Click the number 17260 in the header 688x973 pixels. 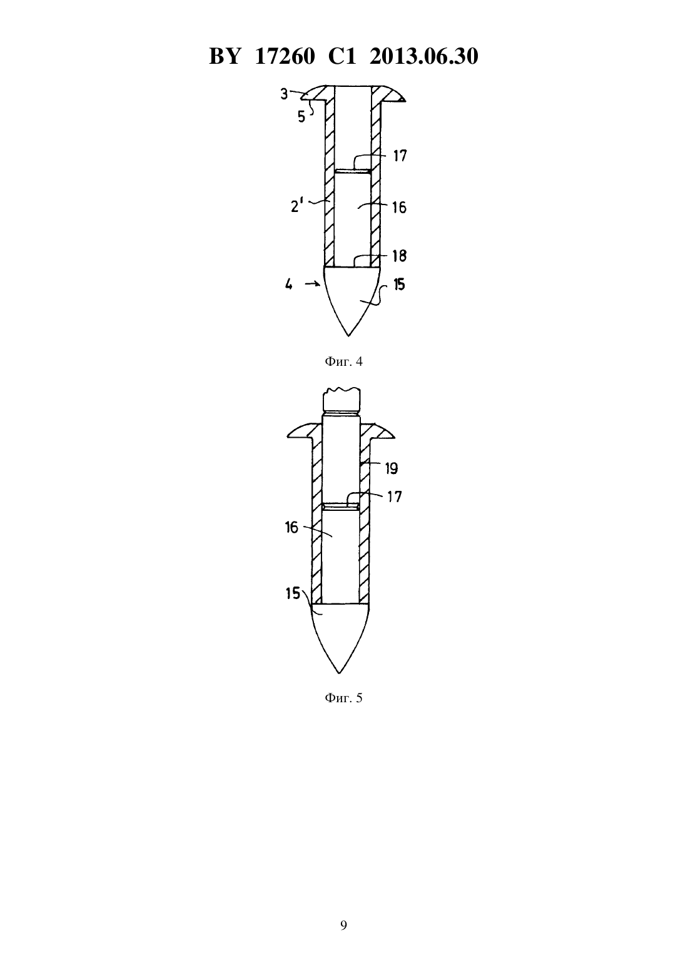click(285, 56)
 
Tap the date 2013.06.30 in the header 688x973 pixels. click(424, 56)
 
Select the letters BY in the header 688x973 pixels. click(224, 56)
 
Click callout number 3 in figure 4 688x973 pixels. click(283, 94)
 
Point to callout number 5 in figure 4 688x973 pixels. click(301, 117)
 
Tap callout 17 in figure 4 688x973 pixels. click(400, 156)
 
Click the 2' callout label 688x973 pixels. click(296, 206)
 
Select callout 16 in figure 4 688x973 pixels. click(400, 208)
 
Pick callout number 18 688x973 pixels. click(400, 256)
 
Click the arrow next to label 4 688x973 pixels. click(313, 284)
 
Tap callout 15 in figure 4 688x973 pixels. click(399, 285)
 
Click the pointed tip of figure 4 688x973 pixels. click(348, 336)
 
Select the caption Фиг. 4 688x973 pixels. click(343, 361)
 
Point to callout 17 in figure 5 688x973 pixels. click(395, 497)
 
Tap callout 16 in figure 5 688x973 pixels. click(292, 528)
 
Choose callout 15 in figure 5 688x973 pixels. click(293, 593)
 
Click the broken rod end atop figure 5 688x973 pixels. click(341, 400)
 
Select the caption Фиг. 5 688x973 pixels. click(343, 698)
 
